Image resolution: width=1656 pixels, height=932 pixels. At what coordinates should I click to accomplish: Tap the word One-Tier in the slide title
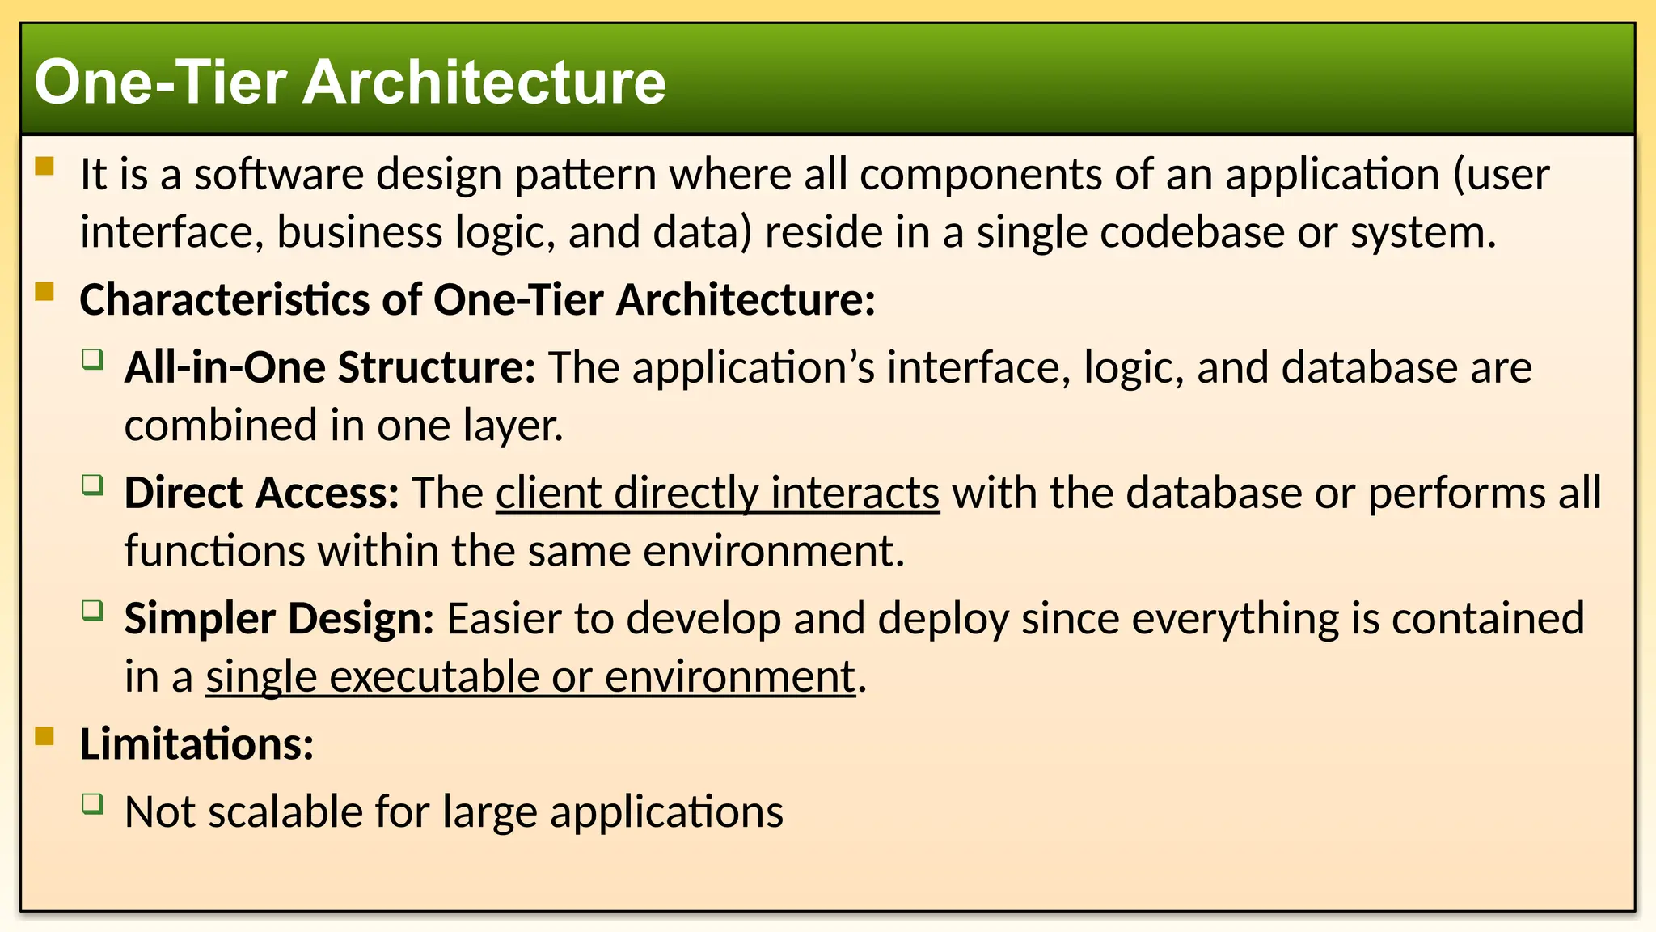point(161,83)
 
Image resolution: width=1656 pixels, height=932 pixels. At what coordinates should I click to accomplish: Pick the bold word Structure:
point(437,368)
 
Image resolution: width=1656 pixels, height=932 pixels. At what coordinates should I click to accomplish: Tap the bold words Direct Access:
point(261,494)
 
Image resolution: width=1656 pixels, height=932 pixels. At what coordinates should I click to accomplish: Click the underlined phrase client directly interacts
point(717,494)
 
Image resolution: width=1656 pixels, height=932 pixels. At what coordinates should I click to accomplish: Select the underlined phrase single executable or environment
point(530,677)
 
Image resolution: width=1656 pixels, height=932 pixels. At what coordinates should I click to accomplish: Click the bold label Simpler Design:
point(279,619)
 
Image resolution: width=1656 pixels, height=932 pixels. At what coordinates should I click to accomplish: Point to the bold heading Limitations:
point(196,744)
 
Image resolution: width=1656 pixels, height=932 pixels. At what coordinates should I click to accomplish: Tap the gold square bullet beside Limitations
point(44,735)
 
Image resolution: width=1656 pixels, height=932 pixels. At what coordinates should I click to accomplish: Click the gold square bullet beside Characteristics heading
point(44,291)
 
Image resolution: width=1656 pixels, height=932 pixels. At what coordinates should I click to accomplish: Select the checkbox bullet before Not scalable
point(93,803)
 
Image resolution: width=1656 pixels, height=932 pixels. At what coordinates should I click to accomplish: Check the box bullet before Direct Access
point(93,485)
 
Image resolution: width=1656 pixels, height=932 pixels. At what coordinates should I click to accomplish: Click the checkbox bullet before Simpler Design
point(93,610)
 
